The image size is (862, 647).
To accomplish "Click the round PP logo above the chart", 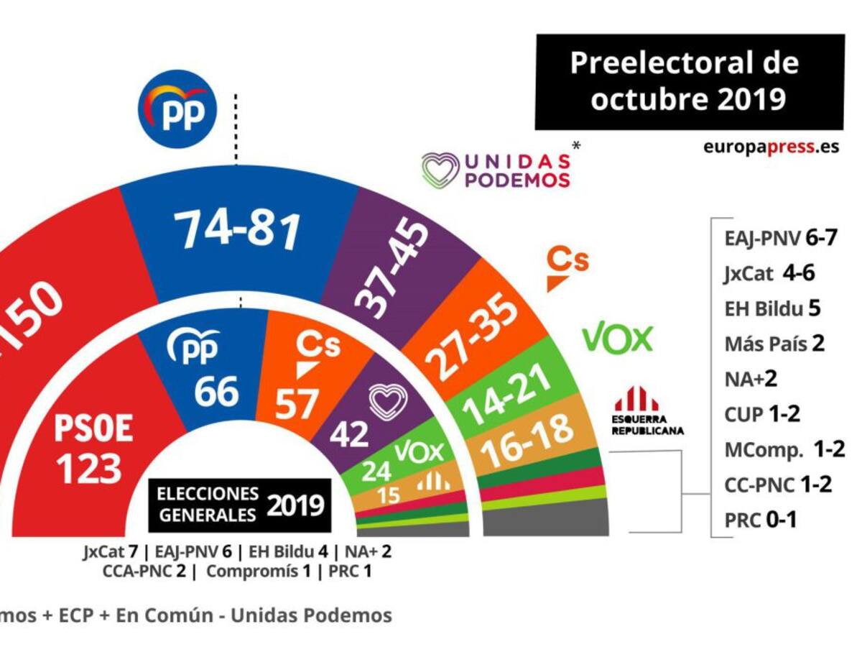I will pos(177,109).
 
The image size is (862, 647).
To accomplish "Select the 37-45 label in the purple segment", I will pos(394,268).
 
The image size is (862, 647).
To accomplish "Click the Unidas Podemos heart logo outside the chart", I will pos(440,170).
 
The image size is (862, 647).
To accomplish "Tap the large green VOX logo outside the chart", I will pos(617,339).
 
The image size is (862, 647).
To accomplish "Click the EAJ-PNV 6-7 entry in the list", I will pos(780,238).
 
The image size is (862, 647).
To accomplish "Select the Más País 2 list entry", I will pos(774,343).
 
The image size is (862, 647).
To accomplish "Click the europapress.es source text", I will pos(771,147).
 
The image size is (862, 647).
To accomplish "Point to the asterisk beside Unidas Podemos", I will pos(576,145).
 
